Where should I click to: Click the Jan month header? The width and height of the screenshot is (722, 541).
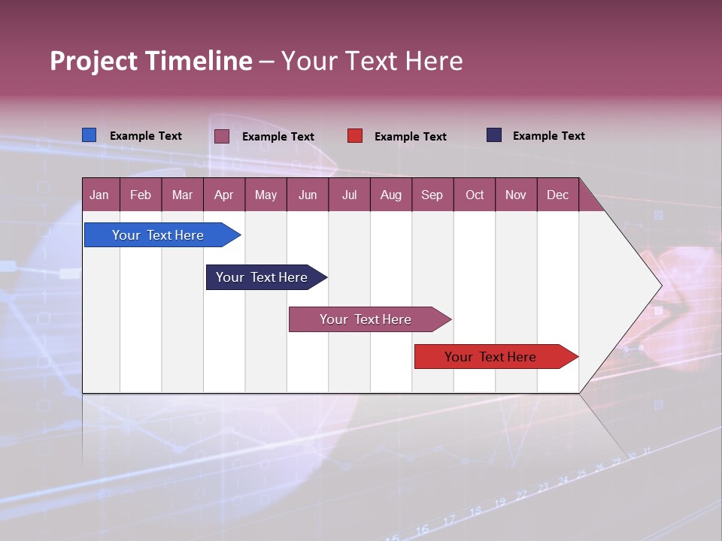pyautogui.click(x=100, y=195)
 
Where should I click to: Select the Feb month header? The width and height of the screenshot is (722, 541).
pyautogui.click(x=141, y=195)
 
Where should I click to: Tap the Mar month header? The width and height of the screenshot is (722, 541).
pyautogui.click(x=182, y=195)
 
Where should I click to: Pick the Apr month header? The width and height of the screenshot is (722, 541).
pyautogui.click(x=224, y=195)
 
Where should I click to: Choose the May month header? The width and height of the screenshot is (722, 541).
pyautogui.click(x=265, y=195)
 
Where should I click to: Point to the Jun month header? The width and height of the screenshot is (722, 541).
pyautogui.click(x=308, y=195)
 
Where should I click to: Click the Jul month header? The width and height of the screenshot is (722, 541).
pyautogui.click(x=349, y=195)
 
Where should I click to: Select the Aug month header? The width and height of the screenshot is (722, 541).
pyautogui.click(x=391, y=195)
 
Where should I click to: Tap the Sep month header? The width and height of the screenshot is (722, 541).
pyautogui.click(x=432, y=195)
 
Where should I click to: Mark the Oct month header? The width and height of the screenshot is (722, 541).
pyautogui.click(x=475, y=195)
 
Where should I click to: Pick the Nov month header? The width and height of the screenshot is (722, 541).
pyautogui.click(x=516, y=195)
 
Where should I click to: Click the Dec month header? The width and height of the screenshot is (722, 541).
pyautogui.click(x=558, y=195)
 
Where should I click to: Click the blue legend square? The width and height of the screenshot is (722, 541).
pyautogui.click(x=89, y=135)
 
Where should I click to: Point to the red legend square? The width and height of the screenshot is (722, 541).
pyautogui.click(x=355, y=136)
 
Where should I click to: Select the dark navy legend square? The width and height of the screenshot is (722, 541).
pyautogui.click(x=493, y=135)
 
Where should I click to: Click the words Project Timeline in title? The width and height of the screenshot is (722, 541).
pyautogui.click(x=151, y=61)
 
